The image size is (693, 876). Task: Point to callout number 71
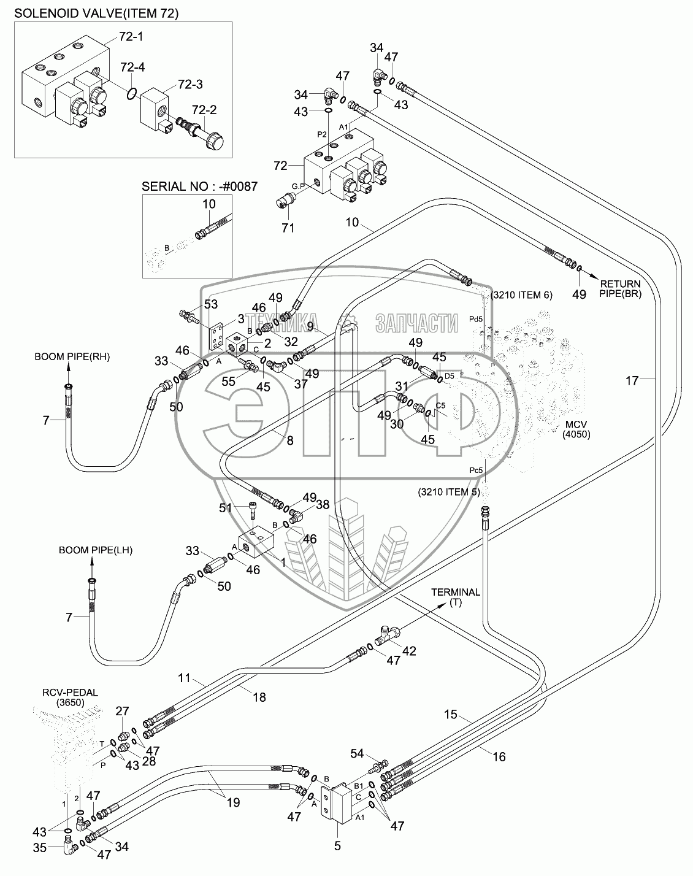tap(288, 228)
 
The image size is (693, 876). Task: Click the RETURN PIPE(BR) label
tap(619, 289)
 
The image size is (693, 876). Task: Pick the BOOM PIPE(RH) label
tap(67, 356)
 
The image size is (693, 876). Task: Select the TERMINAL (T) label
tap(456, 597)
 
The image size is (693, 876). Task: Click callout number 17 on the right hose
tap(632, 380)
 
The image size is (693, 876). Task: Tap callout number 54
tap(357, 753)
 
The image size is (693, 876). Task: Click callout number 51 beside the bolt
tap(226, 507)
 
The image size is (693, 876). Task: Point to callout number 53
tap(211, 304)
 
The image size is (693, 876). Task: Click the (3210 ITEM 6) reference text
tap(522, 295)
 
